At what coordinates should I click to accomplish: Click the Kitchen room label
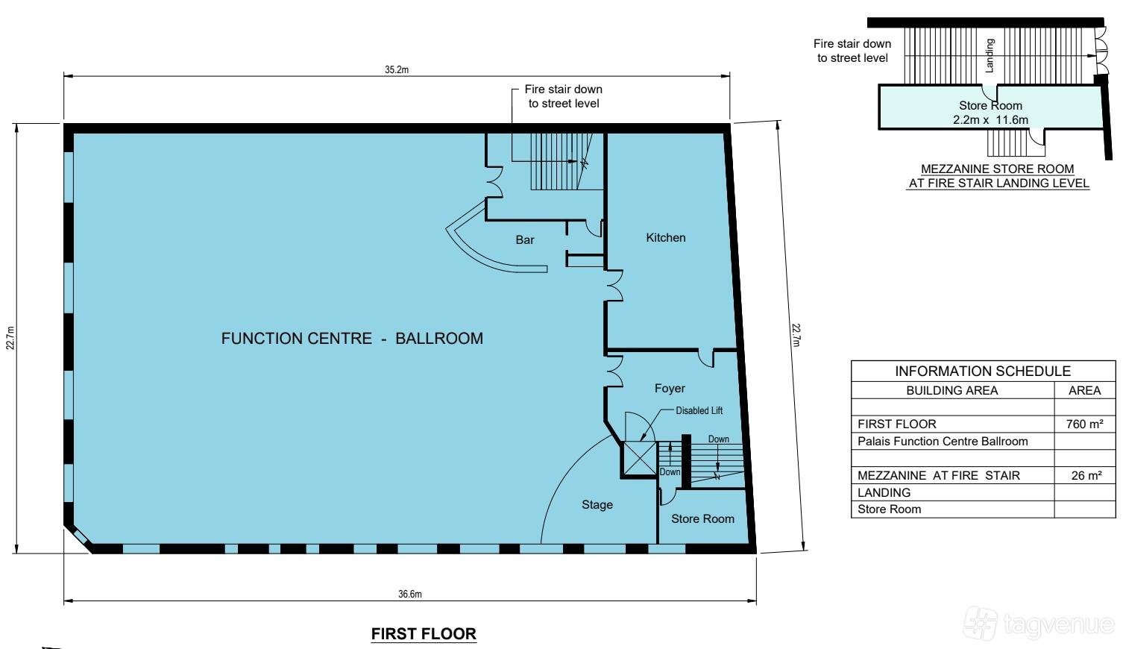click(665, 238)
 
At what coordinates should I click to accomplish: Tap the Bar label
click(525, 239)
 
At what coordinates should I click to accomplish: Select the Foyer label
click(670, 388)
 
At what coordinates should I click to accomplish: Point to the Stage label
click(597, 504)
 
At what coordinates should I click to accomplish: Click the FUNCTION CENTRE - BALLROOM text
click(352, 339)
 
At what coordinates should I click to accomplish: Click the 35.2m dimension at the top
click(397, 69)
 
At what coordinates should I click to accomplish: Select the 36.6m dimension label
click(410, 595)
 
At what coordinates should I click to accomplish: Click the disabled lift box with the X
click(639, 459)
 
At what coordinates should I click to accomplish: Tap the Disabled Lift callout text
click(699, 411)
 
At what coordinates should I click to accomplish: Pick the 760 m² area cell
click(1084, 424)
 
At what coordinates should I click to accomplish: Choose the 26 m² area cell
click(1086, 475)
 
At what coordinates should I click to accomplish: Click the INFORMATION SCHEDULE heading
click(983, 371)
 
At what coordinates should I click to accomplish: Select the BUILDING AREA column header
click(952, 391)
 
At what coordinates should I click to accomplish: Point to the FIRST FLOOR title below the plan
click(424, 634)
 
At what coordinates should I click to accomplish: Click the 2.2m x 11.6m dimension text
click(990, 120)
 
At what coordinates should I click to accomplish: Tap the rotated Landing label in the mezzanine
click(989, 56)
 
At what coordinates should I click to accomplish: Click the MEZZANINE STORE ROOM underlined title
click(998, 169)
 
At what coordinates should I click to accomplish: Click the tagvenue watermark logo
click(1040, 624)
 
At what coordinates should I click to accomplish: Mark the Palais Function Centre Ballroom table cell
click(943, 442)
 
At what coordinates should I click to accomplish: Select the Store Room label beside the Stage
click(702, 519)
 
